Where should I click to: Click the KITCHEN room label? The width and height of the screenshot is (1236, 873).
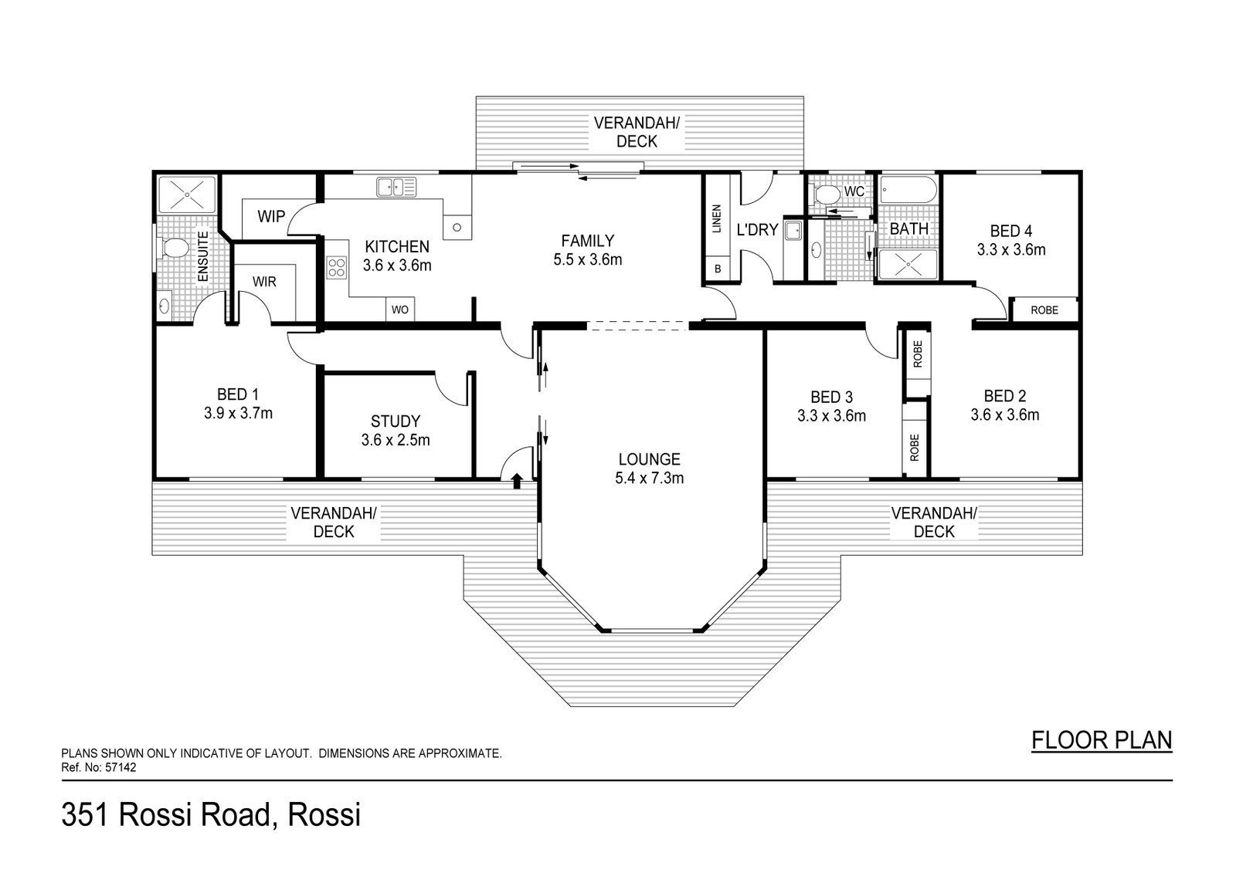click(x=397, y=247)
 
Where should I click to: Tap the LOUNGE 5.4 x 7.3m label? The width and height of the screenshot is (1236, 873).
click(x=649, y=469)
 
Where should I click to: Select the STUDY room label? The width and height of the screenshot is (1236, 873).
click(x=396, y=421)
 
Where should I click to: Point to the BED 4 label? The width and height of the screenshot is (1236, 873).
click(x=1010, y=231)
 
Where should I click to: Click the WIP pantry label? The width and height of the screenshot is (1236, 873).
click(x=271, y=217)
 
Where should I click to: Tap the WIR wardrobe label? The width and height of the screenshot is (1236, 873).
click(x=264, y=283)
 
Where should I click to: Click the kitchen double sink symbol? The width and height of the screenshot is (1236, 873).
click(x=396, y=187)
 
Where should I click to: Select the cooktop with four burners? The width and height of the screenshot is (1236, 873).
click(x=337, y=268)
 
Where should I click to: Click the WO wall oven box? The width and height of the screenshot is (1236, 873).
click(x=399, y=310)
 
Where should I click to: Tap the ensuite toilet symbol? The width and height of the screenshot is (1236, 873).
click(x=175, y=249)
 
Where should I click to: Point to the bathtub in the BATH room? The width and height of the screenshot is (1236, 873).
click(x=909, y=190)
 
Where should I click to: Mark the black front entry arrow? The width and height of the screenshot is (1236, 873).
click(x=516, y=481)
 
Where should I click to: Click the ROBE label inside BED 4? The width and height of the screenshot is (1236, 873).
click(x=1044, y=310)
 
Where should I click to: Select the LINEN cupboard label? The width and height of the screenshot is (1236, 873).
click(x=716, y=219)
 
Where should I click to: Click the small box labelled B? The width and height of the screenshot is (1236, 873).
click(x=717, y=269)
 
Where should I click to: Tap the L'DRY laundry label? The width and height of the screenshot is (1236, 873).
click(x=757, y=230)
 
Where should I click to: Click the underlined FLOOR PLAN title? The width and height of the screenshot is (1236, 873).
click(x=1102, y=740)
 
